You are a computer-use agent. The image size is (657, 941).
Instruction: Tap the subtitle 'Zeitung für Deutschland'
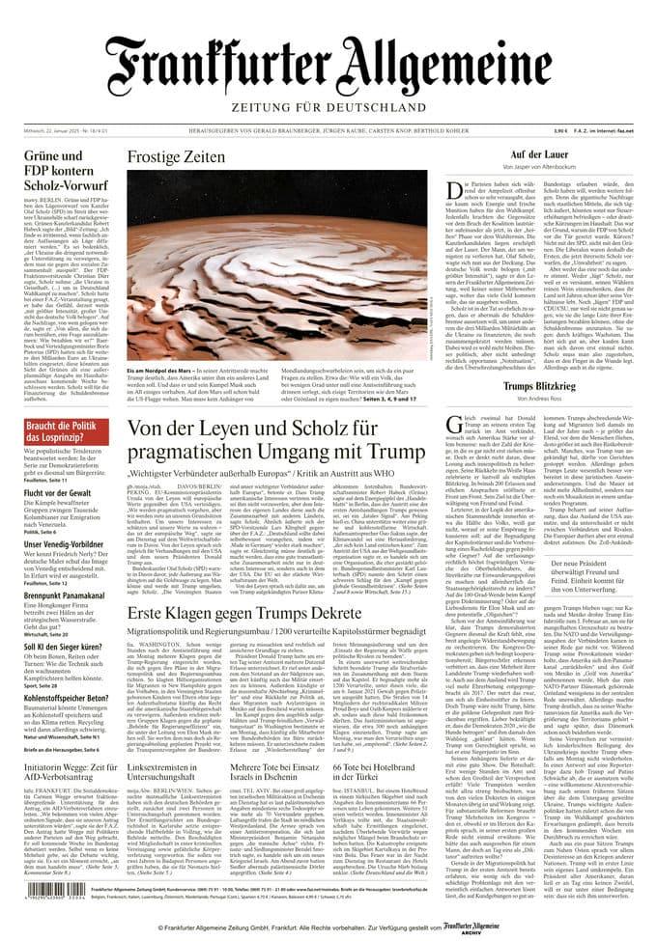(328, 106)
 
